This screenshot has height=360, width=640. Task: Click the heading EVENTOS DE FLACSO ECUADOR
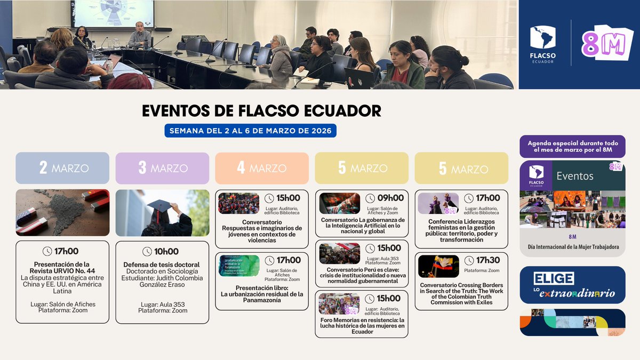click(x=261, y=111)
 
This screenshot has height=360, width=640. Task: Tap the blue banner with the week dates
click(x=250, y=131)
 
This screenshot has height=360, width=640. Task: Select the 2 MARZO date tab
click(x=62, y=168)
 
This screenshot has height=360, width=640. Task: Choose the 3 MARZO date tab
click(x=162, y=168)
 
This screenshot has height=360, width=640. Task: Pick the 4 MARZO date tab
click(x=262, y=168)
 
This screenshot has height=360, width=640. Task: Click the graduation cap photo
click(x=162, y=213)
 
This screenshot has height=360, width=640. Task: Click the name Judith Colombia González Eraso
click(x=162, y=282)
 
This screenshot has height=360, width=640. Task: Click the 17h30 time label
click(x=487, y=260)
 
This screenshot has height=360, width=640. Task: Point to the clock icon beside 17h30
click(x=469, y=260)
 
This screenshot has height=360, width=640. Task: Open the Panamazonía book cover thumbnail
click(x=239, y=266)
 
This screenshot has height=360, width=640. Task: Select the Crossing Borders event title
click(x=461, y=293)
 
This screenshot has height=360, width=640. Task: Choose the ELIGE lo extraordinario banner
click(x=572, y=285)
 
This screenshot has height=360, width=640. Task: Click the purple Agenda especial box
click(x=572, y=147)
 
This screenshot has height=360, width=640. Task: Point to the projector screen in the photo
click(x=113, y=14)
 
